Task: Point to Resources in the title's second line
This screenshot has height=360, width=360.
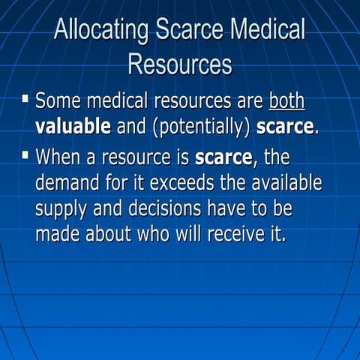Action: (x=180, y=64)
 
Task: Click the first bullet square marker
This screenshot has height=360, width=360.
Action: (x=26, y=99)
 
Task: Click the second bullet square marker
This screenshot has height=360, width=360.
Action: (x=26, y=157)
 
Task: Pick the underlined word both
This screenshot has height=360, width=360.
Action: (x=286, y=101)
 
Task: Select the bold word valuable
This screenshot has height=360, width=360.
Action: (x=73, y=127)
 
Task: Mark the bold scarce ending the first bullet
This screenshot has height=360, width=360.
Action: (x=285, y=127)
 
